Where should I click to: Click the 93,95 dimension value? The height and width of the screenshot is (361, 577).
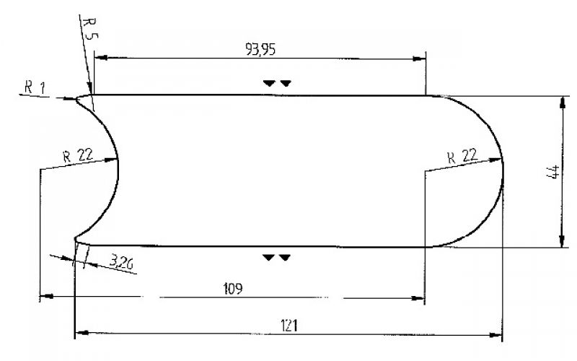coord(260,49)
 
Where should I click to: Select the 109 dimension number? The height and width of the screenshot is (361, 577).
coord(233,289)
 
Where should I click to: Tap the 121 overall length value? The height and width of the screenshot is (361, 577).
coord(289,326)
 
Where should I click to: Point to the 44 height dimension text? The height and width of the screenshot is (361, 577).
coord(553,172)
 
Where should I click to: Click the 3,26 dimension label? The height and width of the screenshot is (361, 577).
coord(121,262)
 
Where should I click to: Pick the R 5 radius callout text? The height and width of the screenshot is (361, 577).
coord(90,28)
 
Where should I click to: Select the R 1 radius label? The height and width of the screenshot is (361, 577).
coord(35,87)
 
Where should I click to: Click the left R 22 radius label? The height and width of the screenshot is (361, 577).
coord(78,155)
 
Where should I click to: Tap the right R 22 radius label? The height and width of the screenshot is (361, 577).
coord(462,157)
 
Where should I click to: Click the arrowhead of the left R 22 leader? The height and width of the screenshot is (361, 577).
coord(112,160)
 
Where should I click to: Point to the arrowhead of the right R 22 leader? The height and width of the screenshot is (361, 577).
coord(496,160)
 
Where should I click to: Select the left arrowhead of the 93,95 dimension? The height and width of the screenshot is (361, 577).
coord(101,58)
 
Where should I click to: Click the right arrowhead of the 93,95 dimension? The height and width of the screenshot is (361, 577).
coord(419,58)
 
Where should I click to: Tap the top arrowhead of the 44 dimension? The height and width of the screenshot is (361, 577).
coord(562,103)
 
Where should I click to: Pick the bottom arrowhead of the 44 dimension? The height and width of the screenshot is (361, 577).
coord(562,241)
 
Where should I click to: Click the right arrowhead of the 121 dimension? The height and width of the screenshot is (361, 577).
coord(495,335)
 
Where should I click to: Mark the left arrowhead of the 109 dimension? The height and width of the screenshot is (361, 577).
coord(46,296)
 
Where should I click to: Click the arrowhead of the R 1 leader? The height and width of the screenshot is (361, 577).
coord(70,99)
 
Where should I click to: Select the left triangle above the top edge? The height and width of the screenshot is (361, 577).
coord(269,84)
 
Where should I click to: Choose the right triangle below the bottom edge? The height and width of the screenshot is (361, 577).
coord(285,258)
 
